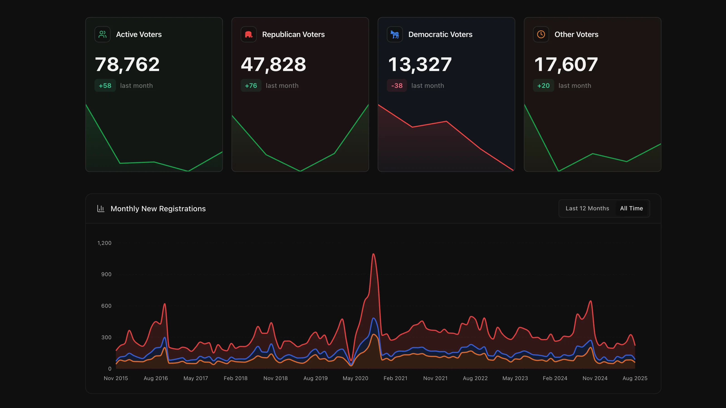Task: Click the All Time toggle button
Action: [x=631, y=208]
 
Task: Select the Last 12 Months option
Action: [x=587, y=208]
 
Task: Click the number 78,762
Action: [x=127, y=64]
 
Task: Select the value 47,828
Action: [x=273, y=64]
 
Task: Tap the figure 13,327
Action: [x=420, y=64]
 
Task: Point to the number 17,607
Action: [x=566, y=64]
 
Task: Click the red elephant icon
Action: [x=248, y=34]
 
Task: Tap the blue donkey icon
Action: [x=395, y=34]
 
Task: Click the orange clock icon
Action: [x=541, y=34]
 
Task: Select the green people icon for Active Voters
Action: [x=102, y=34]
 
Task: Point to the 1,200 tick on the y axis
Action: [x=104, y=243]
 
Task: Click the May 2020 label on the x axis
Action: [x=355, y=378]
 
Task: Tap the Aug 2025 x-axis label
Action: [x=635, y=378]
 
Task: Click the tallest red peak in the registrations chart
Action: [x=373, y=254]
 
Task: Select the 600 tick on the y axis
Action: [x=106, y=306]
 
